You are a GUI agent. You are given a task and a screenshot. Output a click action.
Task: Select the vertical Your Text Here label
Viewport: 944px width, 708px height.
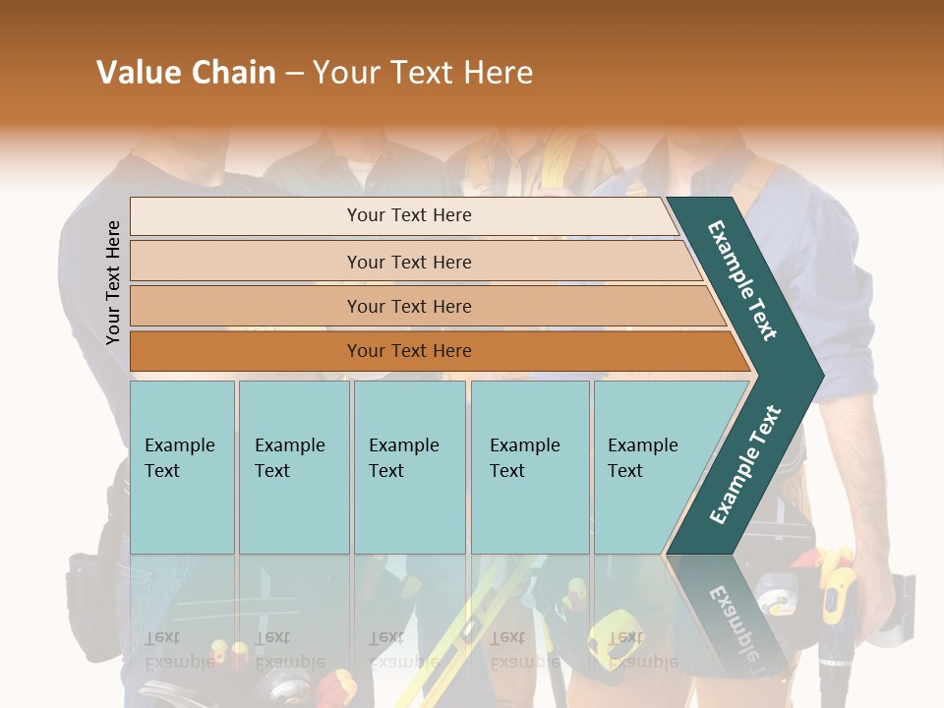pyautogui.click(x=113, y=282)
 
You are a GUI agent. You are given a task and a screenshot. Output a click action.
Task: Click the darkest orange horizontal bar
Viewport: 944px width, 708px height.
pyautogui.click(x=246, y=351)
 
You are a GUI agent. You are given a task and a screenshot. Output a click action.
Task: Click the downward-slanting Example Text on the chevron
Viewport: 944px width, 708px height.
pyautogui.click(x=742, y=280)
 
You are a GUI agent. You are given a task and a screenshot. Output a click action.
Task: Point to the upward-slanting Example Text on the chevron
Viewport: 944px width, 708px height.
pyautogui.click(x=745, y=464)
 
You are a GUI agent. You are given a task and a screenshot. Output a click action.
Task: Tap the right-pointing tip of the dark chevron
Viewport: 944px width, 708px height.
pyautogui.click(x=818, y=375)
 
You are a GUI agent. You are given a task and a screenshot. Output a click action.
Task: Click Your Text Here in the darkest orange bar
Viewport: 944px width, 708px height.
pyautogui.click(x=409, y=351)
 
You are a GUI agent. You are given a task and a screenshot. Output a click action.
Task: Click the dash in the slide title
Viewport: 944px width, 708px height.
pyautogui.click(x=294, y=74)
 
